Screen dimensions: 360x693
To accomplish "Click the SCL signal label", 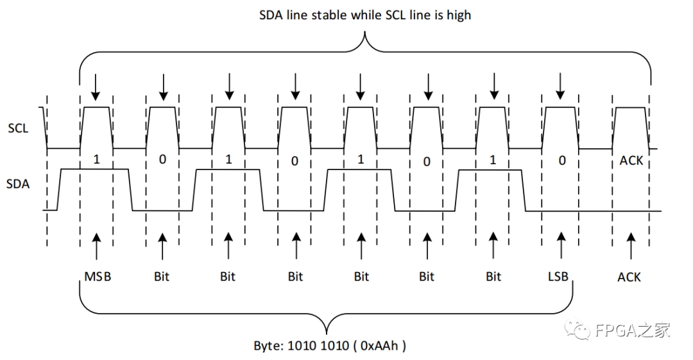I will coord(18,128).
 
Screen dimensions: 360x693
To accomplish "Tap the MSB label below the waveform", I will coord(98,277).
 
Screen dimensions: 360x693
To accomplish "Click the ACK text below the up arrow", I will coord(629,277).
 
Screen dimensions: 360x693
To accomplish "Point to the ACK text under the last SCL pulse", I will coord(631,160).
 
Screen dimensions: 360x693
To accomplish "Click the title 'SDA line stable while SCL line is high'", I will coord(364,14).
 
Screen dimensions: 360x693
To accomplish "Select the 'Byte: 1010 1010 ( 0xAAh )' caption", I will coord(330,345).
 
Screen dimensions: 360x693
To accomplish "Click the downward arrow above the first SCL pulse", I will coord(96,87).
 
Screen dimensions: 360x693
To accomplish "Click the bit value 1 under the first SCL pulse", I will coord(96,159).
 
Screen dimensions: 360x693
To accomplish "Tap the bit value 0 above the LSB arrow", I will coord(561,160).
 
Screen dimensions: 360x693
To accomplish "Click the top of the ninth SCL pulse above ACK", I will coord(630,107).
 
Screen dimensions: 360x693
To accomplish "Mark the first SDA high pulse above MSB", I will coord(94,169).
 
